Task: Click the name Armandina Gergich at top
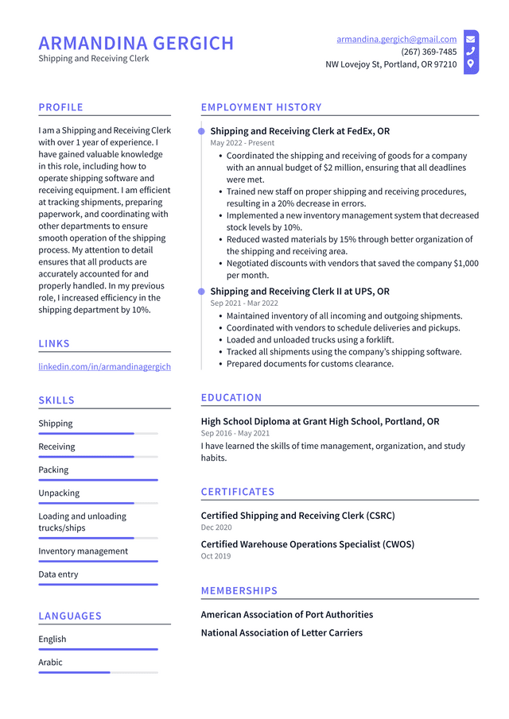click(x=136, y=43)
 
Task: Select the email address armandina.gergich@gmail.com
click(x=396, y=39)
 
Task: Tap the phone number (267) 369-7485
click(x=429, y=52)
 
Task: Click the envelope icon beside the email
click(x=471, y=39)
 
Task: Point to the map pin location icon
click(x=471, y=64)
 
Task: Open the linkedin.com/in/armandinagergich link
click(x=104, y=366)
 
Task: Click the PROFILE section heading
click(x=60, y=107)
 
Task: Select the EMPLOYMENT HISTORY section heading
click(x=261, y=107)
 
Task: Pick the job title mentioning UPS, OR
click(x=300, y=292)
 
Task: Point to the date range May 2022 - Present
click(x=243, y=143)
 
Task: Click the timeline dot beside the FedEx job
click(x=201, y=131)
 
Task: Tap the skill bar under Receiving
click(x=98, y=457)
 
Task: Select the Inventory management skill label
click(x=83, y=551)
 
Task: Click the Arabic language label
click(x=50, y=662)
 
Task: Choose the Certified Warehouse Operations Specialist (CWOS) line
click(x=307, y=544)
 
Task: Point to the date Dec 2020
click(x=216, y=528)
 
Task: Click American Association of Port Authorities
click(x=286, y=614)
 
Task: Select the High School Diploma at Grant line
click(x=320, y=421)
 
